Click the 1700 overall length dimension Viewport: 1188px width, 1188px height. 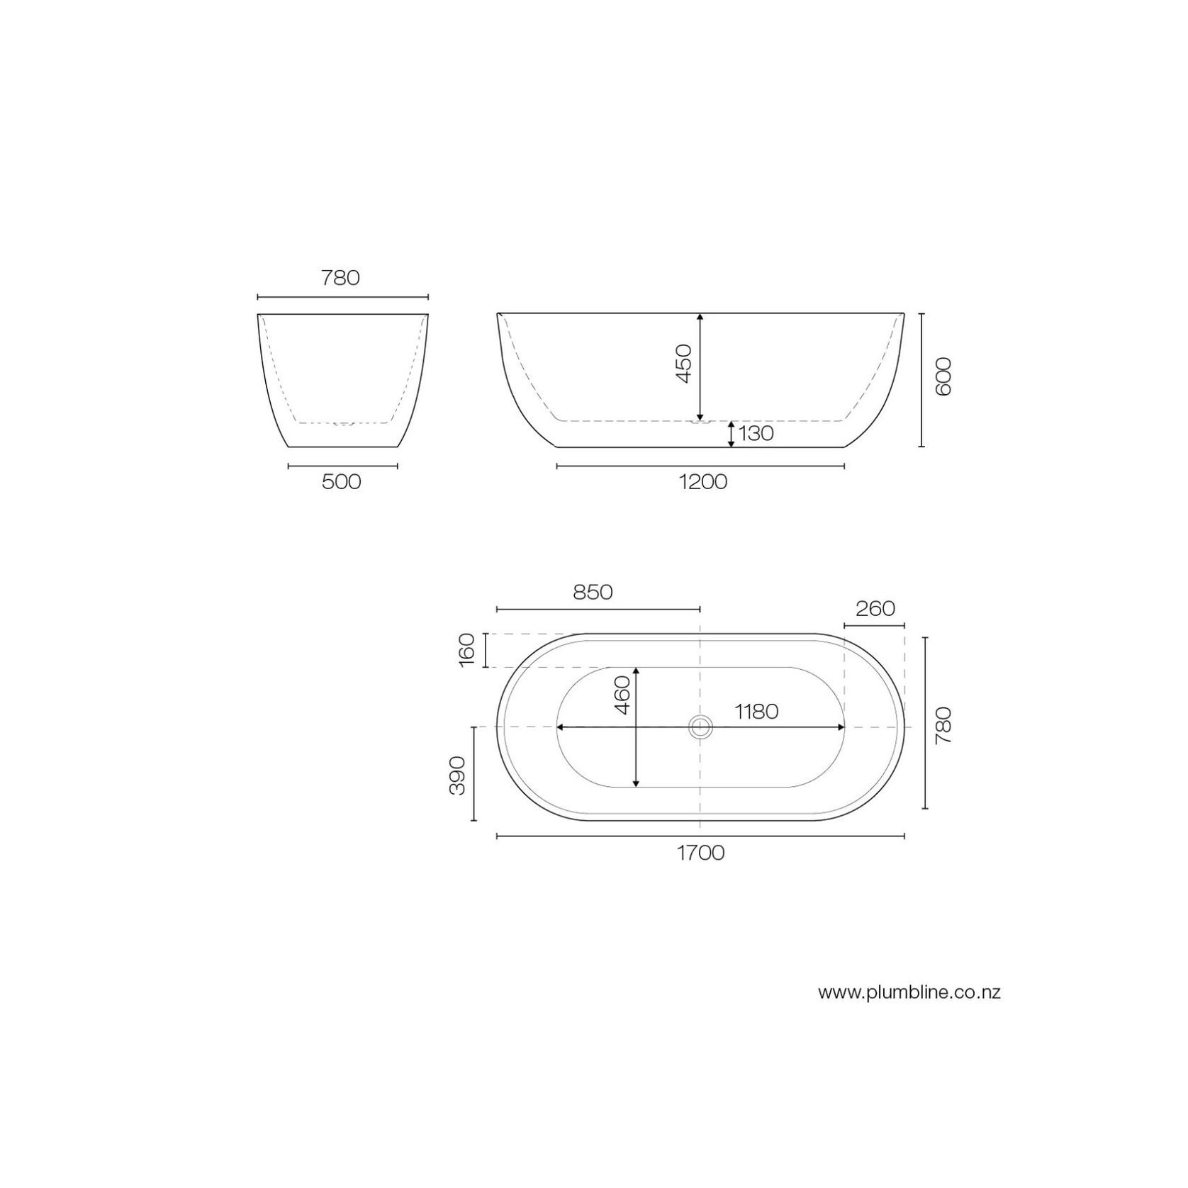point(700,853)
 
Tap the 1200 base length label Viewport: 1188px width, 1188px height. point(702,482)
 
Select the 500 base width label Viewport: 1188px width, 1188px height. point(342,482)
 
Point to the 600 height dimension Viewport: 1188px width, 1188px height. point(943,376)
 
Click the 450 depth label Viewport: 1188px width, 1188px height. point(683,364)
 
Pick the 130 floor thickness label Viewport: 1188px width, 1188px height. point(756,433)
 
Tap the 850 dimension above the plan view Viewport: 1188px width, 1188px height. point(593,592)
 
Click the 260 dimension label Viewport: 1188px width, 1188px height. point(875,609)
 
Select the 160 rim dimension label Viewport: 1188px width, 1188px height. point(466,650)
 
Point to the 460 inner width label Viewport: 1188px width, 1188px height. point(622,695)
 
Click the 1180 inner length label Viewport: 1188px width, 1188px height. point(756,711)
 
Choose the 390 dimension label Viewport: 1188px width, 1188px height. point(458,775)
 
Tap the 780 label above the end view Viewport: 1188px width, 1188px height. point(341,278)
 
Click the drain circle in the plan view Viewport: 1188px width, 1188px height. point(700,727)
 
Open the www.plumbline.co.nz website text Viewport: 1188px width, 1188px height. point(909,992)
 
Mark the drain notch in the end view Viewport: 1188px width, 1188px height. point(343,424)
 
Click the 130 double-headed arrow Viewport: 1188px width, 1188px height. point(732,434)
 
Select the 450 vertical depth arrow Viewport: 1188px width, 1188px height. point(700,367)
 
